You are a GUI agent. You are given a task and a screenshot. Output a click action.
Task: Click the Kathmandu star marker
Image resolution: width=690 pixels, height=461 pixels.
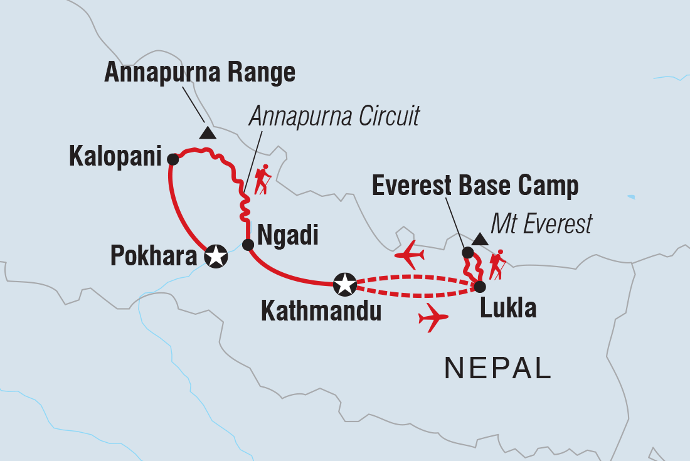tap(344, 285)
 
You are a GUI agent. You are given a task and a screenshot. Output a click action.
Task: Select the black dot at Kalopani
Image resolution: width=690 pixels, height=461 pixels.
tap(173, 159)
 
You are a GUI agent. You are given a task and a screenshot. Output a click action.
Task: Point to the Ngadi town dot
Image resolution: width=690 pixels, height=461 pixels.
tap(248, 245)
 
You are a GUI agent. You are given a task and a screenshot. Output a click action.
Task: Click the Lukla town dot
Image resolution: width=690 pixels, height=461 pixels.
tap(479, 287)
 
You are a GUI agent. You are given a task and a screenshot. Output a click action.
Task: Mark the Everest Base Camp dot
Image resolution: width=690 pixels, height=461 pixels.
tap(467, 253)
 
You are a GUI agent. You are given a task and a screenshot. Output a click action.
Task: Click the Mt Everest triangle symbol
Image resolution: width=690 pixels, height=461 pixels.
tap(480, 238)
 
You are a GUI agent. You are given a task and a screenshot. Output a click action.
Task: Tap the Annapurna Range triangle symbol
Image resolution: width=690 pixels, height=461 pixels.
tap(208, 133)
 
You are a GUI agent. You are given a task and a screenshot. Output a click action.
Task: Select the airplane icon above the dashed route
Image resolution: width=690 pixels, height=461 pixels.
tap(409, 255)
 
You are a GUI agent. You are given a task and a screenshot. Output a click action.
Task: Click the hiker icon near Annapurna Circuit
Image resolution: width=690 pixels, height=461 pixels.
tap(262, 179)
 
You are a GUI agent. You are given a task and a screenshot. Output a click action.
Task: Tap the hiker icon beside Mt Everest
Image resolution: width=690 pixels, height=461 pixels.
tap(498, 265)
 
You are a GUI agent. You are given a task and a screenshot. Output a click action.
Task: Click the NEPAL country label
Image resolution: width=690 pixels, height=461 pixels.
tap(498, 368)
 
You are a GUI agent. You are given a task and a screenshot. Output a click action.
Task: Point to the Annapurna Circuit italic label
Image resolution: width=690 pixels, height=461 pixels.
tap(334, 116)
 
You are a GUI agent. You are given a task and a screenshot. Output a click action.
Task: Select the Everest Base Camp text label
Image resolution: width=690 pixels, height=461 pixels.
tap(475, 186)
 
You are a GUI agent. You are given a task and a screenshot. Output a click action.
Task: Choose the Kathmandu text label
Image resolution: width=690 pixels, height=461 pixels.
tap(321, 311)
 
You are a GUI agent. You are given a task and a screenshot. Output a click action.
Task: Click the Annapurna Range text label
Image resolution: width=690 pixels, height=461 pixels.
tap(199, 73)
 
